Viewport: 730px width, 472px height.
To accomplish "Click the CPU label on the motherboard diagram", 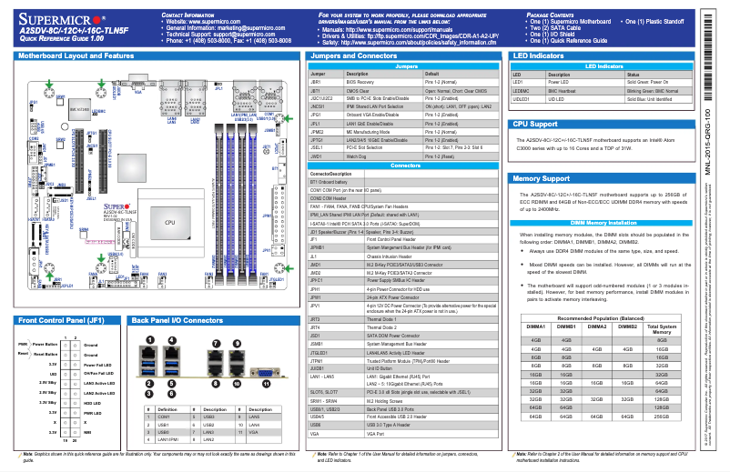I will tap(170, 222).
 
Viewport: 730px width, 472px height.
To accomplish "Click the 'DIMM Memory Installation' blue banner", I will tap(597, 222).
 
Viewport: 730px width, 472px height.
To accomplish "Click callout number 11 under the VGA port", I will tap(266, 384).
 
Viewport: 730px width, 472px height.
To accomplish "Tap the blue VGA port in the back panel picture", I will tap(265, 371).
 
